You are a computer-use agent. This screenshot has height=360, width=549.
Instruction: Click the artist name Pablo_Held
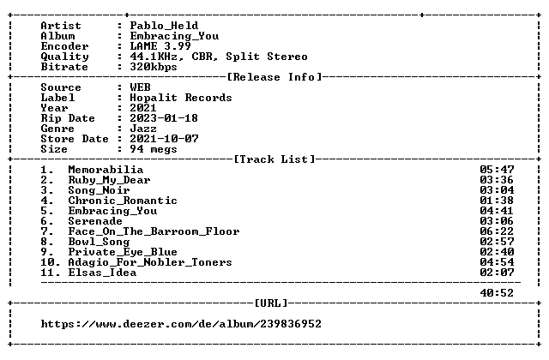tap(164, 26)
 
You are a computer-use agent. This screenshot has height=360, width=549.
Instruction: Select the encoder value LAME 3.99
tap(160, 46)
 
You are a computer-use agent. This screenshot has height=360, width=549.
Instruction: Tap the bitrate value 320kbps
tap(154, 67)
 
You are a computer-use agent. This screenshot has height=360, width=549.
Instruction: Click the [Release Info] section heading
tap(274, 77)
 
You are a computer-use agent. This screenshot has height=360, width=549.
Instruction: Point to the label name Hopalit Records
tap(181, 98)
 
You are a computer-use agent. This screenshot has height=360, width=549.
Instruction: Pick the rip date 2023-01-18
tap(164, 118)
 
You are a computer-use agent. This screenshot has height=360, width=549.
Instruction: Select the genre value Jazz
tap(143, 129)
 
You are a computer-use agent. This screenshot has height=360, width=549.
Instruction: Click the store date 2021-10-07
tap(164, 139)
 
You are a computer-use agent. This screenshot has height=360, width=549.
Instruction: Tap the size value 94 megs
tap(154, 149)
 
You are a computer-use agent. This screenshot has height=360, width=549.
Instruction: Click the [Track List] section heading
tap(274, 159)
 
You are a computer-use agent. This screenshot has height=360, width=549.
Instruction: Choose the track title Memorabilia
tap(106, 170)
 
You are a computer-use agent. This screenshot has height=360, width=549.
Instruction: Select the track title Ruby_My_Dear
tap(109, 180)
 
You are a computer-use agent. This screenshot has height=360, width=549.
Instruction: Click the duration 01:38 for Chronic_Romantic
tap(497, 201)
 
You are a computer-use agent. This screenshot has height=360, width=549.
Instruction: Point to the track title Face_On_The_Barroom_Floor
tap(154, 231)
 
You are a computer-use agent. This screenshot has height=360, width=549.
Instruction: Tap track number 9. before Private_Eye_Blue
tap(47, 252)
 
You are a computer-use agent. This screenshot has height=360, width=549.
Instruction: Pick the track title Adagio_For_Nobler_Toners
tap(150, 262)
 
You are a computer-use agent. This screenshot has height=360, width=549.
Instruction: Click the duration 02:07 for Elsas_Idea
tap(497, 273)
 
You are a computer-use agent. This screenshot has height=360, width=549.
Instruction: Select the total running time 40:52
tap(497, 293)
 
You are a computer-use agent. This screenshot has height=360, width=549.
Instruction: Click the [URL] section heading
tap(271, 303)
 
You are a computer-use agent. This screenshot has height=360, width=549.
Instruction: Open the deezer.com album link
tap(181, 324)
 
